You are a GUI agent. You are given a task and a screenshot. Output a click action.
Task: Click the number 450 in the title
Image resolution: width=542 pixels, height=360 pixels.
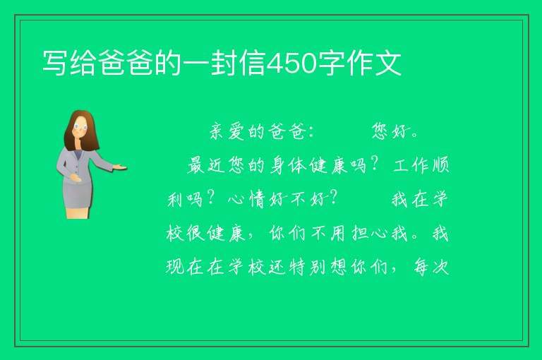click(x=292, y=64)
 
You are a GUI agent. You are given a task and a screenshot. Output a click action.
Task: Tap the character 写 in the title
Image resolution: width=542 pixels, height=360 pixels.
click(x=55, y=63)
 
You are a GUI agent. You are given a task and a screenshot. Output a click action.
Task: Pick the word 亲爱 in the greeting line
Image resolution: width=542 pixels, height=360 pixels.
click(x=227, y=131)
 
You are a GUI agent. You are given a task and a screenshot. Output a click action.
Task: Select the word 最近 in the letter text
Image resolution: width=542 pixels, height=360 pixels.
click(x=207, y=165)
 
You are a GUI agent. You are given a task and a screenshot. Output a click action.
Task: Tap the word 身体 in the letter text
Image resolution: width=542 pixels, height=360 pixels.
click(x=288, y=165)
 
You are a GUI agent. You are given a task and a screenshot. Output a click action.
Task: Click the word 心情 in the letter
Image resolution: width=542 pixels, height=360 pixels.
click(x=246, y=199)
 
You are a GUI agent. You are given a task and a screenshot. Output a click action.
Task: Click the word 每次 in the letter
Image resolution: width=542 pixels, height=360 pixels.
click(x=431, y=267)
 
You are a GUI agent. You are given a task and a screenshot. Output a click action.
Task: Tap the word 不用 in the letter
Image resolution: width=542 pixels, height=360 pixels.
click(x=328, y=233)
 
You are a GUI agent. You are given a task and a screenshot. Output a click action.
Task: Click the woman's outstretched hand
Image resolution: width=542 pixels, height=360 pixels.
click(x=120, y=167)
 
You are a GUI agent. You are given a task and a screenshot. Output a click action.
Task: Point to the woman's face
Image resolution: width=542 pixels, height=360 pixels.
click(x=80, y=127)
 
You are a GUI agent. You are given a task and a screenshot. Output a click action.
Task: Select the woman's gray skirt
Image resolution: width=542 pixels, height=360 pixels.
click(x=78, y=195)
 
